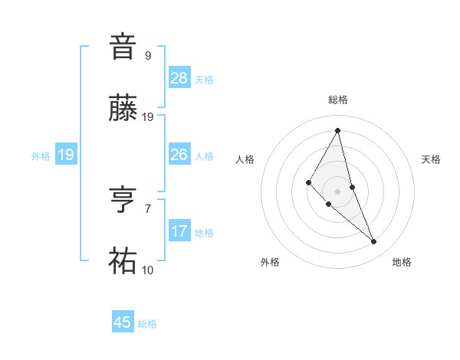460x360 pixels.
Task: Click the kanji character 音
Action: click(123, 47)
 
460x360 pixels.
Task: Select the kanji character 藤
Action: click(123, 109)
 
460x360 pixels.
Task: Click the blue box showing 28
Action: click(179, 77)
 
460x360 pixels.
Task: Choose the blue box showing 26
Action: click(179, 154)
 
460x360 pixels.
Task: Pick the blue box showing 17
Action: click(179, 231)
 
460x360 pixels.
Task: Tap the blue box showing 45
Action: click(123, 322)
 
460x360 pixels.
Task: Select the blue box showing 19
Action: click(66, 155)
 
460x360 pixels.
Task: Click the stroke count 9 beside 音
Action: click(148, 56)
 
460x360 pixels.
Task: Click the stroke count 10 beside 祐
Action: click(148, 270)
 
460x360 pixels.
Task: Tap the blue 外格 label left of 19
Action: click(41, 155)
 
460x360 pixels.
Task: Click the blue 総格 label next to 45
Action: click(147, 324)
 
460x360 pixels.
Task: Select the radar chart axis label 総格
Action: click(338, 100)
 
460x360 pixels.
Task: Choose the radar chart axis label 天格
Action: click(432, 159)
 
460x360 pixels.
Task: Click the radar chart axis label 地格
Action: click(402, 262)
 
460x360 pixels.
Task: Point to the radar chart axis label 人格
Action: click(245, 159)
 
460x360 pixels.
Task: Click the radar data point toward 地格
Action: click(374, 242)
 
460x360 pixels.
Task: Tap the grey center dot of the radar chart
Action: click(338, 191)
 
